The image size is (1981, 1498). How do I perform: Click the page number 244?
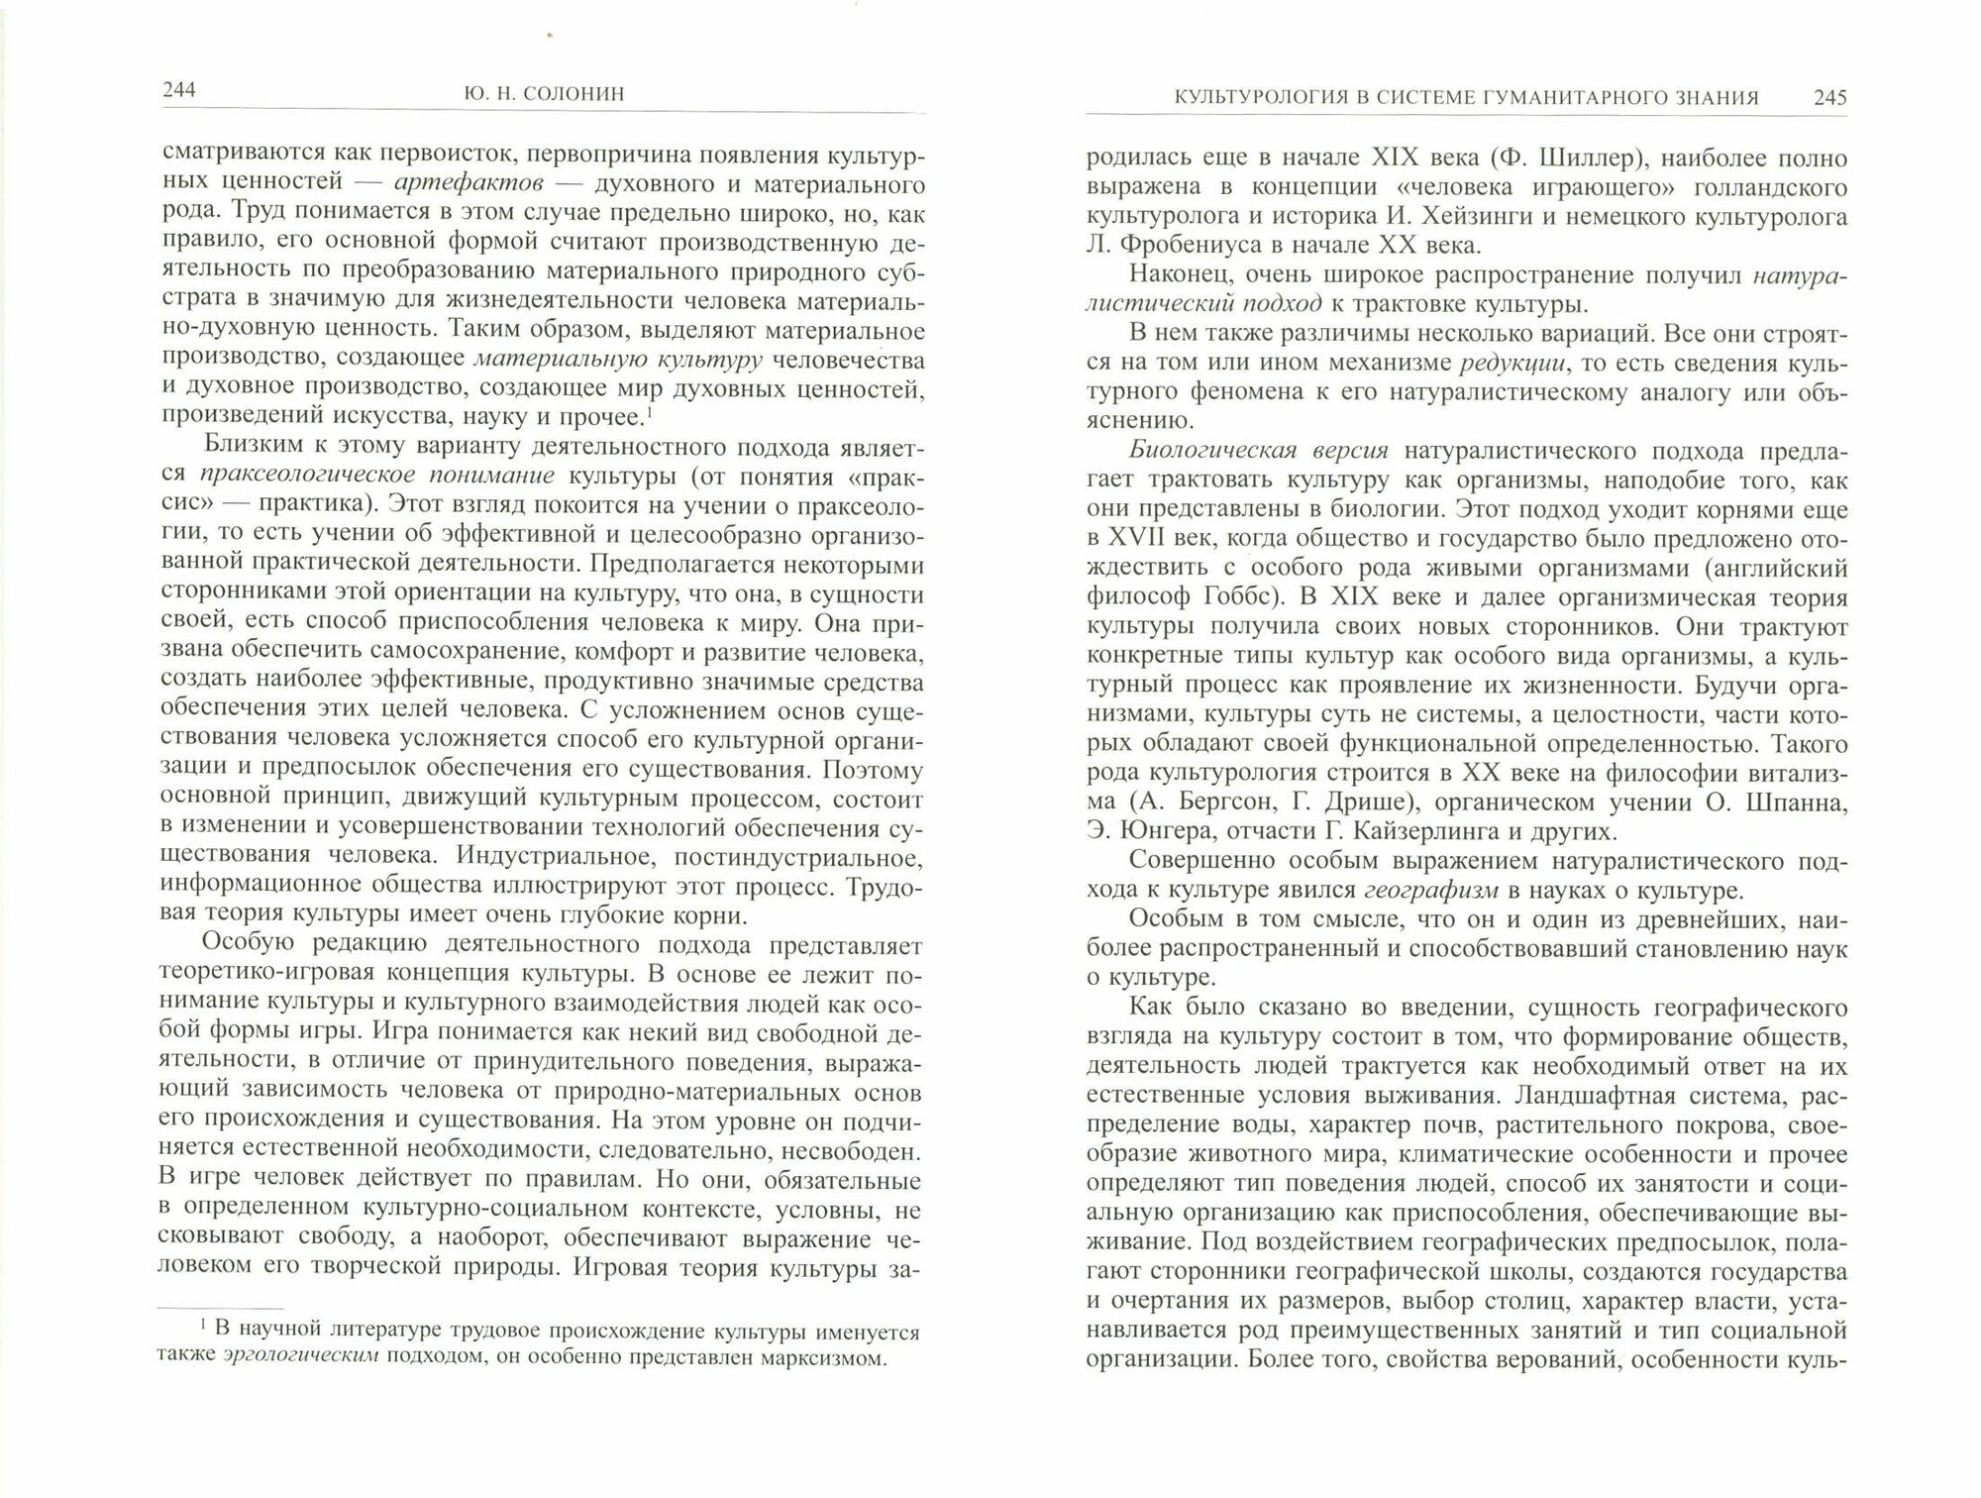[x=178, y=91]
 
